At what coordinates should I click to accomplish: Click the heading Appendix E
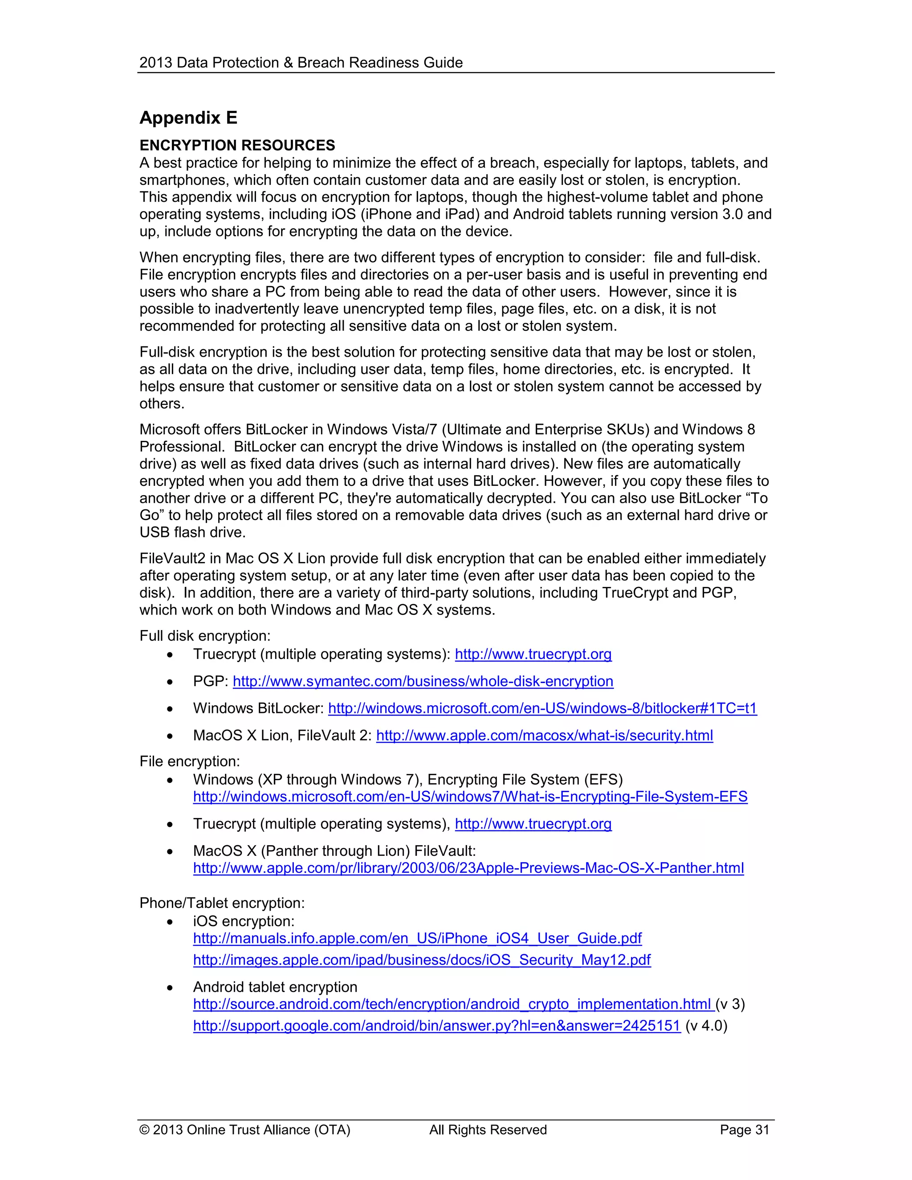pos(188,118)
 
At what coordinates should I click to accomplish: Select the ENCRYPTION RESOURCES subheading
pos(237,145)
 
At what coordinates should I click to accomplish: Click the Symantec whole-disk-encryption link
pos(423,681)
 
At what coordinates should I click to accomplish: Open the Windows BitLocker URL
pos(542,708)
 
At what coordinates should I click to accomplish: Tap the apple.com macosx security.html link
pos(544,735)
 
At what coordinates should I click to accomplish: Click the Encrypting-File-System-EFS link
pos(470,797)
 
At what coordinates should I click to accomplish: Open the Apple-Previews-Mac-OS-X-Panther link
pos(468,868)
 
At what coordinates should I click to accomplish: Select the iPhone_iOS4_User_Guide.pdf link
pos(417,938)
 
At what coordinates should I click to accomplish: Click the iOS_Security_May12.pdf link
pos(421,960)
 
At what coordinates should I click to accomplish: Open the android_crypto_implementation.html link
pos(454,1004)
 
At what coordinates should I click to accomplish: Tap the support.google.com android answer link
pos(436,1025)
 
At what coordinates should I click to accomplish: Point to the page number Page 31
pos(744,1130)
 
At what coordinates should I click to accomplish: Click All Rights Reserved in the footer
pos(488,1130)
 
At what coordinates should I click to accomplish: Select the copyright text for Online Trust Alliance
pos(245,1130)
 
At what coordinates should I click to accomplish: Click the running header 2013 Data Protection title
pos(301,63)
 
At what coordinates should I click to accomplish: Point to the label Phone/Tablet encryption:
pos(222,903)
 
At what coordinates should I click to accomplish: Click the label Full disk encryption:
pos(205,636)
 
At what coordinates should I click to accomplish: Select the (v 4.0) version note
pos(706,1025)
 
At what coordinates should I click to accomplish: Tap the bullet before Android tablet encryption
pos(170,988)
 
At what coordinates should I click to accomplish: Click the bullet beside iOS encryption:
pos(170,922)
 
